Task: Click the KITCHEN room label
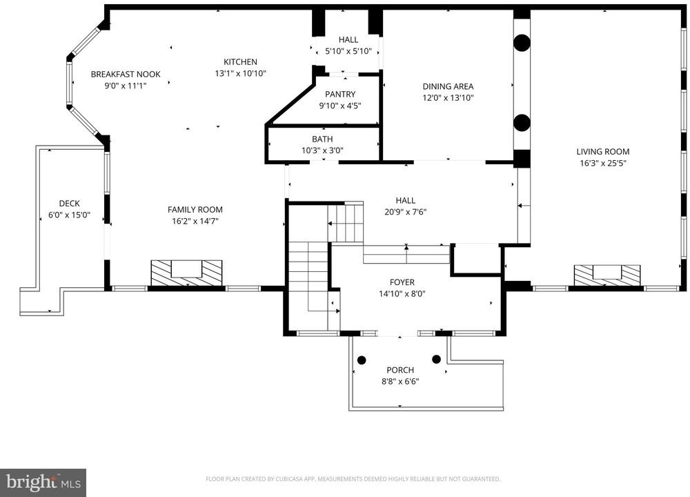240,62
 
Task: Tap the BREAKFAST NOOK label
126,75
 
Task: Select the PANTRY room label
340,94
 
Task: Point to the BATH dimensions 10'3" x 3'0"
322,150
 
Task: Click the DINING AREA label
448,87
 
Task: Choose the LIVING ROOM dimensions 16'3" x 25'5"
603,164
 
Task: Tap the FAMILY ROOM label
195,210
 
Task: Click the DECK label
70,204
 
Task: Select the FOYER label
402,282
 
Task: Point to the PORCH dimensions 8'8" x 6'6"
400,382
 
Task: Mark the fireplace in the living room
607,275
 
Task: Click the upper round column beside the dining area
522,43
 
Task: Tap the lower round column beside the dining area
522,123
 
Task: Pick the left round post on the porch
362,360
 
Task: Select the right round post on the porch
437,359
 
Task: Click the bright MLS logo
43,483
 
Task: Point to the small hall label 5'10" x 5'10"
348,52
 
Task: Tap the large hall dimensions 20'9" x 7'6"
405,212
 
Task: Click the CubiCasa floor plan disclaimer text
353,479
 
